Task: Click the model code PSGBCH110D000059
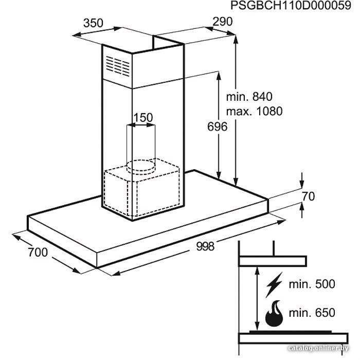pos(291,6)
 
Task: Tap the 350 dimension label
pos(93,23)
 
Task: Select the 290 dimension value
pos(223,22)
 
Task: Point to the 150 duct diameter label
pos(143,118)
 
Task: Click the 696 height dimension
pos(217,127)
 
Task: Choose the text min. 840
pos(249,97)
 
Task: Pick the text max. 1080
pos(255,111)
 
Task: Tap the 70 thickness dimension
pos(309,196)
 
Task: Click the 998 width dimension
pos(205,246)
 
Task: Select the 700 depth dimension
pos(38,252)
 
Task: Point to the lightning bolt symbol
pos(274,285)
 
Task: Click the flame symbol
pos(274,314)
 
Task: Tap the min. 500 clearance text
pos(312,284)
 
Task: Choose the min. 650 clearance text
pos(312,313)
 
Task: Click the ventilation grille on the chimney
pos(118,66)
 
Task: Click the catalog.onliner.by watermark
pos(318,348)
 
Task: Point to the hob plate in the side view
pos(291,332)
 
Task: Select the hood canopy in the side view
pos(273,261)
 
